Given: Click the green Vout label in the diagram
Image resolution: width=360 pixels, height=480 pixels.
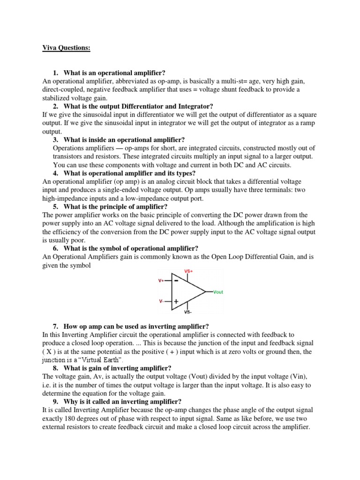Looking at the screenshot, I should coord(218,292).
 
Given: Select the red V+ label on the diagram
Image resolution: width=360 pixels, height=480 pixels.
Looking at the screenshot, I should coord(161,281).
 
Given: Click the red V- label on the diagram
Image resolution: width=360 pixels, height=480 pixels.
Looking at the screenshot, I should coord(161,301).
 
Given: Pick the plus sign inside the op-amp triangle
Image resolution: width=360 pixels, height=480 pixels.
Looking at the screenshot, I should coord(176,302).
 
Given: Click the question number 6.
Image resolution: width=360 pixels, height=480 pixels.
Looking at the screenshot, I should coord(55,248).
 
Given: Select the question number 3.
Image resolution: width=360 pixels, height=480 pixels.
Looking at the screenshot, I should coord(55,140).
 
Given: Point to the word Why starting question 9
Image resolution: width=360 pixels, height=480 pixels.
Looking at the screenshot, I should coord(72,402).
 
